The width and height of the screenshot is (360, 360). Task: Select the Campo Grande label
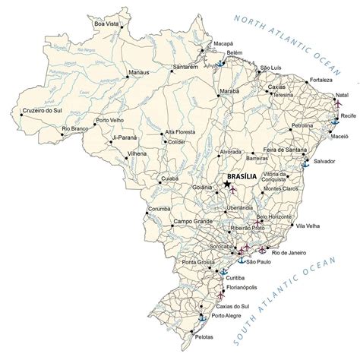191,221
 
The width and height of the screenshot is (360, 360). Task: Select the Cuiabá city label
169,180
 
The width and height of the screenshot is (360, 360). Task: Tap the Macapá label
223,44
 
